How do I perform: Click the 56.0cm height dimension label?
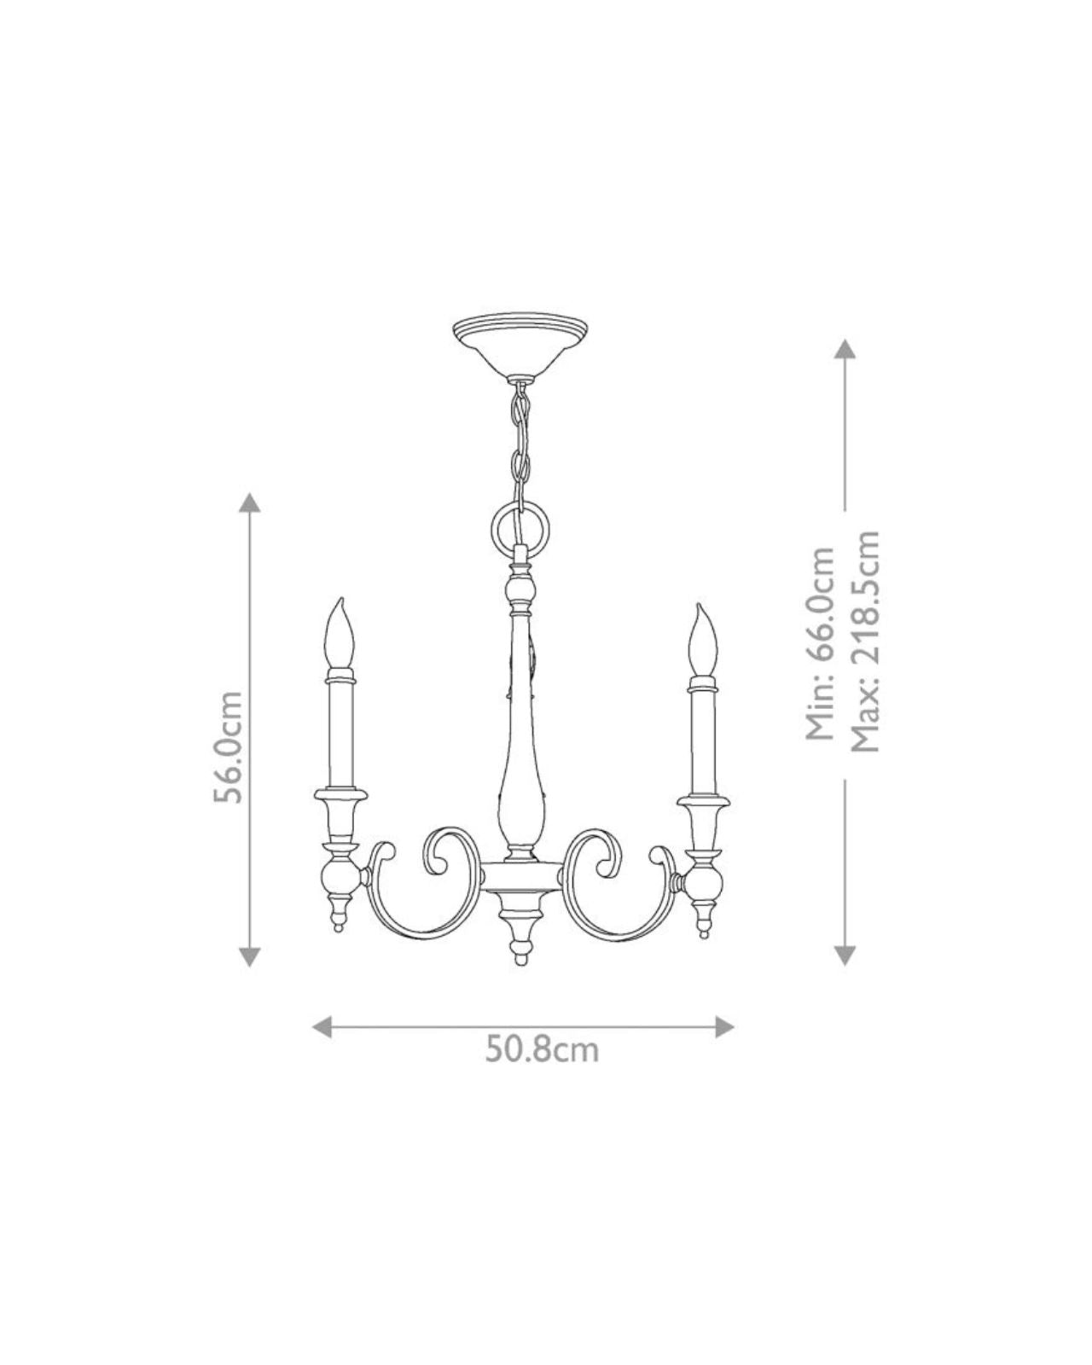(228, 746)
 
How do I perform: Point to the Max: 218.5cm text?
(864, 641)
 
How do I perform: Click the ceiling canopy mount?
(520, 351)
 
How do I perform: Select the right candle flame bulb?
(702, 641)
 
